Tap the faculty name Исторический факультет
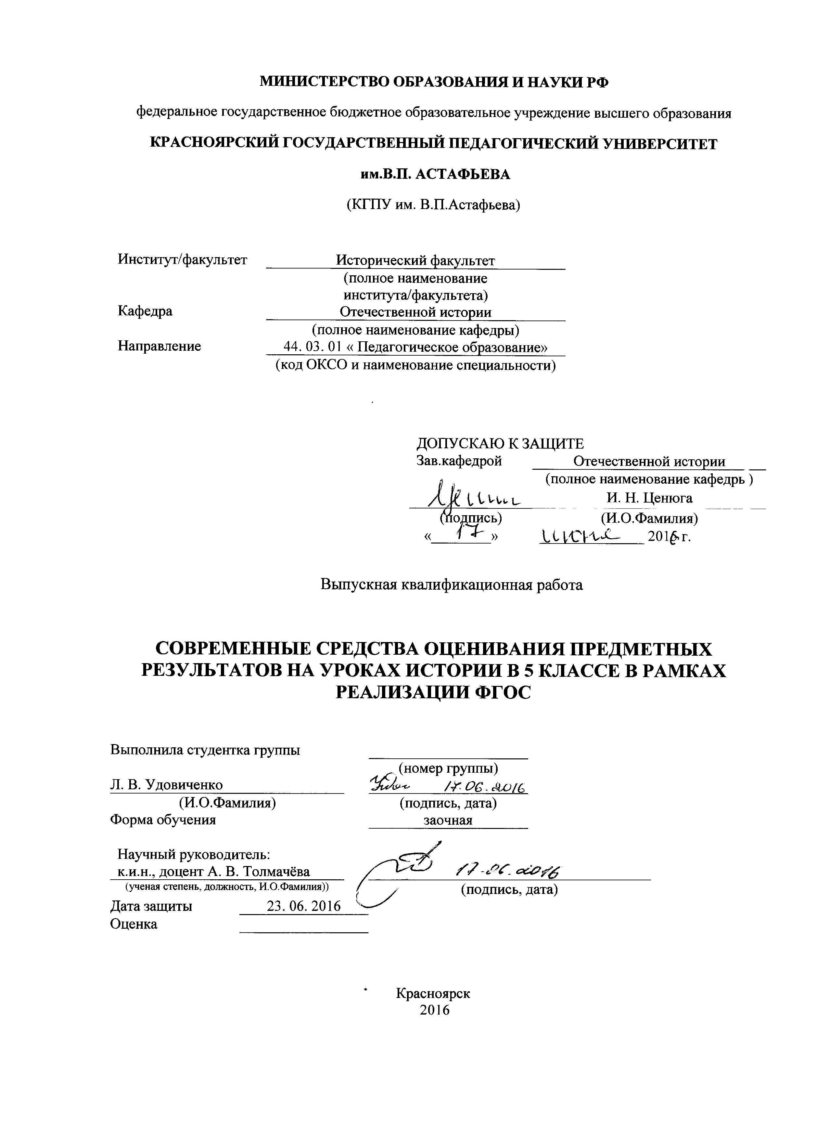(x=415, y=261)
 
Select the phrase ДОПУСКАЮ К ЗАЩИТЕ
(x=500, y=443)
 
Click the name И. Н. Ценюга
(x=649, y=498)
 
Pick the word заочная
(x=447, y=820)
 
